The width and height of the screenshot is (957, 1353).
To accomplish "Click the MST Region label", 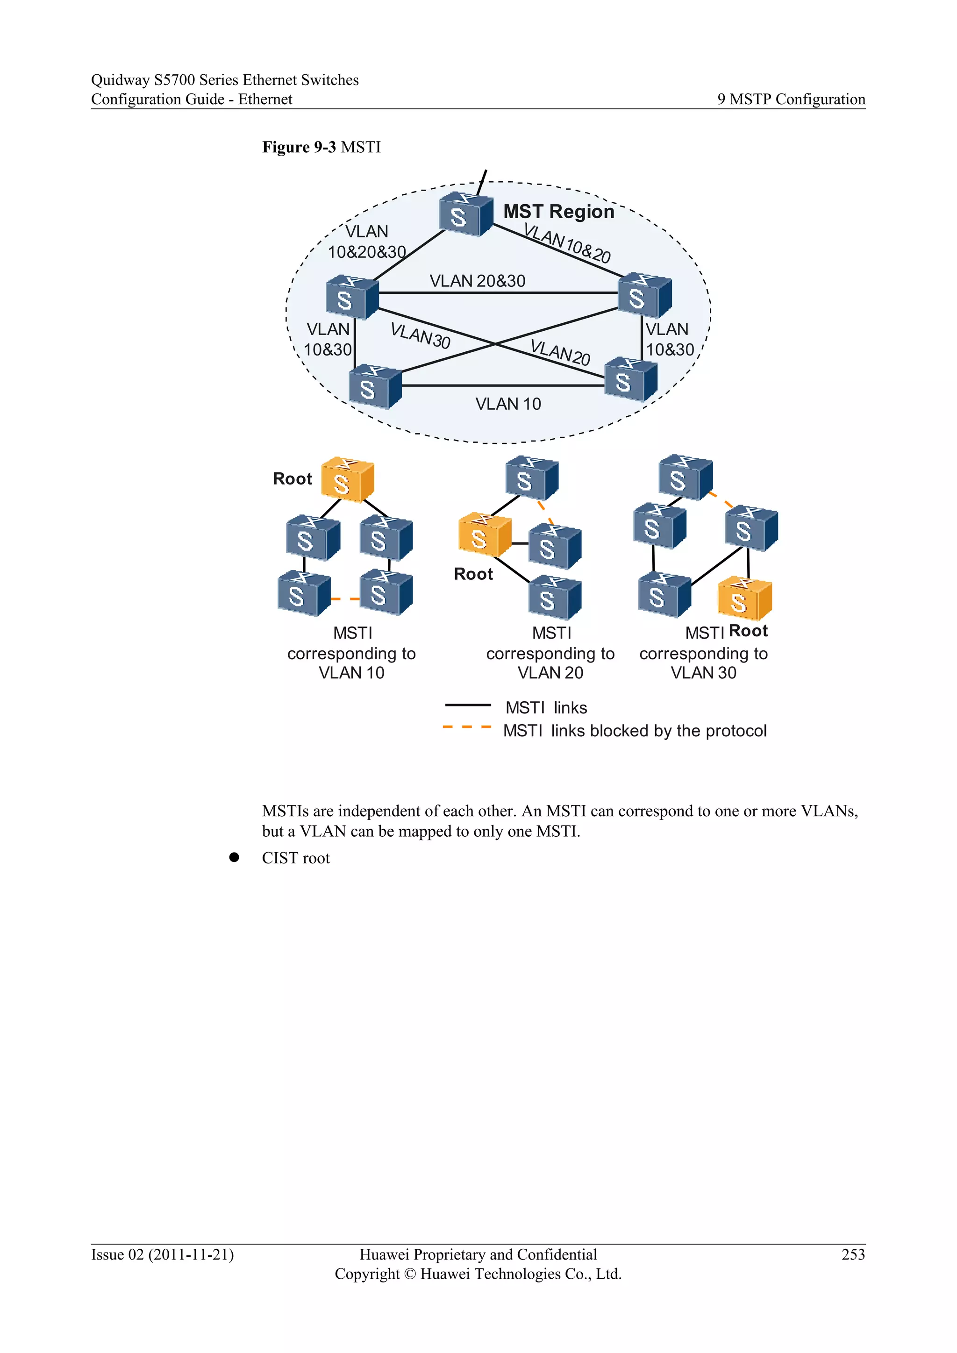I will [558, 212].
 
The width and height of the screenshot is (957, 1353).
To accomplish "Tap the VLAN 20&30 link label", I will [477, 281].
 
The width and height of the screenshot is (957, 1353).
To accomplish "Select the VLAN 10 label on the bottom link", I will [507, 404].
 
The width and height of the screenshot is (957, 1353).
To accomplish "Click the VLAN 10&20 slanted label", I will [567, 243].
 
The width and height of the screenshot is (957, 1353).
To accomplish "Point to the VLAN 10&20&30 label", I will [366, 242].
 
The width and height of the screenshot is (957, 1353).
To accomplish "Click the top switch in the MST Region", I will [465, 214].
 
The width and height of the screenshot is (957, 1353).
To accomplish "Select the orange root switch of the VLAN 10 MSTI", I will [347, 480].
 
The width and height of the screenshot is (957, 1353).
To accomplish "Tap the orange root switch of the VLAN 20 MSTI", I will [484, 534].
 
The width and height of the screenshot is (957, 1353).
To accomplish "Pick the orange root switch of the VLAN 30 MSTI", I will [743, 598].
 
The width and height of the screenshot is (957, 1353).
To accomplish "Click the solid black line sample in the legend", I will [467, 705].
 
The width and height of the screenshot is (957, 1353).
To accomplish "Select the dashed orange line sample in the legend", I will [467, 727].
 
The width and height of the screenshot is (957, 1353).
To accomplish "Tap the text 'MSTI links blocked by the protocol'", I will [634, 731].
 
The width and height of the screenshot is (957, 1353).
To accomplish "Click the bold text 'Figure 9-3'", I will [299, 147].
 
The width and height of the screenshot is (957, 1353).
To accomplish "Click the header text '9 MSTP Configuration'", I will [791, 99].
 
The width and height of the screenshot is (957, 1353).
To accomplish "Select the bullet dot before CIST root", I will [234, 857].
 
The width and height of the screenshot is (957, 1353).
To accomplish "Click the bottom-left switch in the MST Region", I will [374, 386].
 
